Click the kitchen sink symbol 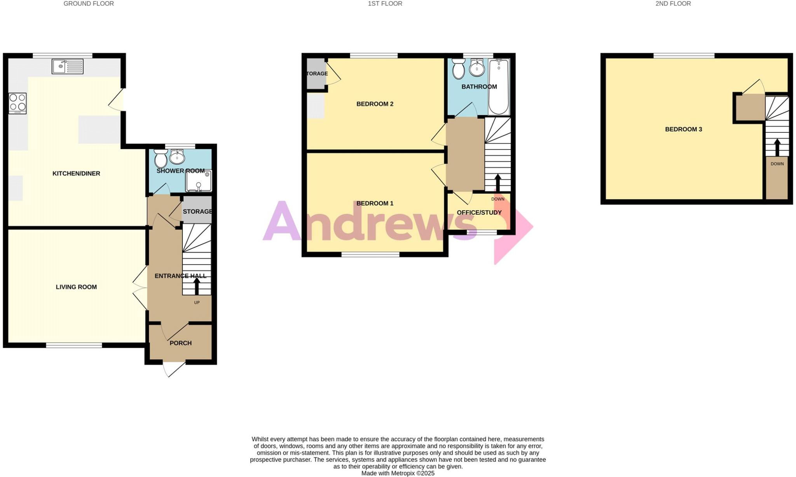pos(68,66)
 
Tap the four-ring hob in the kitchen pos(18,103)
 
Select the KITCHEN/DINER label pos(76,174)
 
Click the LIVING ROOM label pos(76,287)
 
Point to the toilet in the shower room pos(161,158)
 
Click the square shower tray pos(199,181)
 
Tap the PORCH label pos(181,343)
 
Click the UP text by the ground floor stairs pos(197,303)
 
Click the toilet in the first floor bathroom pos(459,69)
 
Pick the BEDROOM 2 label pos(375,104)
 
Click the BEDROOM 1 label pos(375,203)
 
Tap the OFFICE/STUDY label pos(479,212)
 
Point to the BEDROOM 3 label pos(683,129)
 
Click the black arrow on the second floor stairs pos(777,147)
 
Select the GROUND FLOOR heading pos(89,4)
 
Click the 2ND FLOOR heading pos(673,4)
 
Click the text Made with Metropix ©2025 pos(398,474)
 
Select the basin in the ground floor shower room pos(177,157)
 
